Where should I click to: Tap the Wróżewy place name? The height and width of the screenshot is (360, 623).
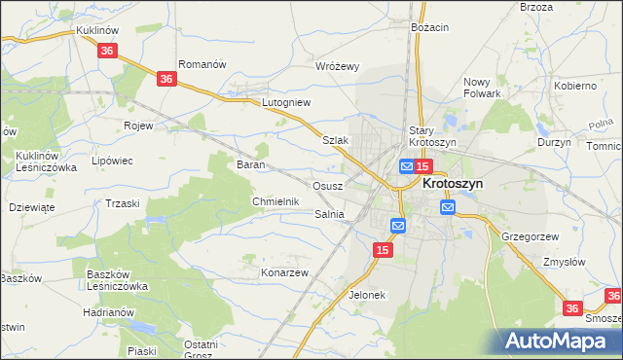[x=338, y=66]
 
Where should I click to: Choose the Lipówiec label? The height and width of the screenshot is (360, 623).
[x=111, y=161]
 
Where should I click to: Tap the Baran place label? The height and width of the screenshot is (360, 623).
[x=252, y=164]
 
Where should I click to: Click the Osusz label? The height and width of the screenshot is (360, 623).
[x=325, y=185]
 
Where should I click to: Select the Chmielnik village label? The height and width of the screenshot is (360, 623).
[x=274, y=200]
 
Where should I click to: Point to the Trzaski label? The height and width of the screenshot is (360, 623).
[x=123, y=202]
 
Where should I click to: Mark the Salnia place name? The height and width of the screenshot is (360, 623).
[x=329, y=214]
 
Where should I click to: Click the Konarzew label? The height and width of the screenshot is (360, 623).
[x=283, y=272]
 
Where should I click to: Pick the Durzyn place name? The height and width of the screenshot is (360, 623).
[x=554, y=141]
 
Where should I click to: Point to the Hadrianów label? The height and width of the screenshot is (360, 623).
[x=108, y=311]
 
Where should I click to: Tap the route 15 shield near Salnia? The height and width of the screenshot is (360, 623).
[x=384, y=251]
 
